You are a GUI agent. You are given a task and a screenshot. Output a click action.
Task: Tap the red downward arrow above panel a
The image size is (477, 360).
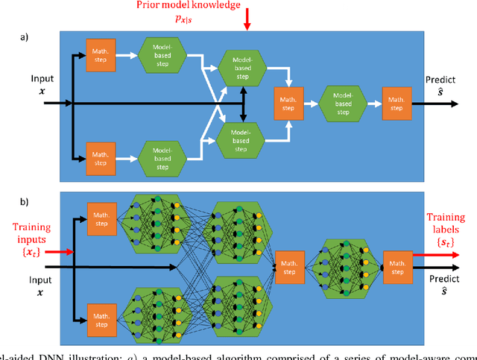coord(247,25)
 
